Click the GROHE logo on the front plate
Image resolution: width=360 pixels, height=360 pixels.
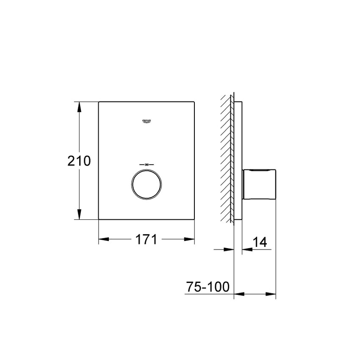[x=147, y=121]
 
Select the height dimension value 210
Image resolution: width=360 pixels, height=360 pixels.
[x=79, y=161]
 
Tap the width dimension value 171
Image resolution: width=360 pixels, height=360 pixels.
[x=147, y=239]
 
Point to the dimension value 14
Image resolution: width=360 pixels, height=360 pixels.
[x=260, y=242]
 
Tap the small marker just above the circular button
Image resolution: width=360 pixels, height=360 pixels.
[x=147, y=164]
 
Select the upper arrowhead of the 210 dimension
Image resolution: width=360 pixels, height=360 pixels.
[x=79, y=106]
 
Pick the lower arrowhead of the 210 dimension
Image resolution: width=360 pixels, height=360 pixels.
[x=79, y=215]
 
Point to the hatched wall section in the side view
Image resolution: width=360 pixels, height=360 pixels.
[x=227, y=161]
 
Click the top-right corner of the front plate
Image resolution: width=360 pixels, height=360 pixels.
[x=195, y=102]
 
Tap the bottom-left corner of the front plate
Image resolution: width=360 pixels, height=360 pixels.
[x=99, y=219]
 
